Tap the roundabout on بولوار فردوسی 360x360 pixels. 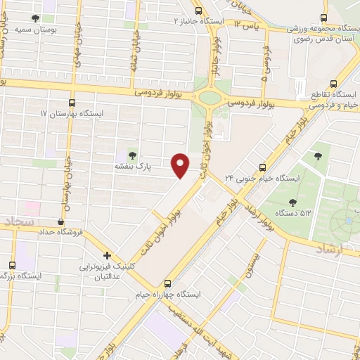[210, 98]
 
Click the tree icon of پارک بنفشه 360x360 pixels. [132, 155]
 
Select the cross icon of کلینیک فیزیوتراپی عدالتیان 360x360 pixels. [107, 256]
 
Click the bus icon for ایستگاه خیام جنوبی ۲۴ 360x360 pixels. [262, 167]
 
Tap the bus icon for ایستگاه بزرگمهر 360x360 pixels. [11, 265]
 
